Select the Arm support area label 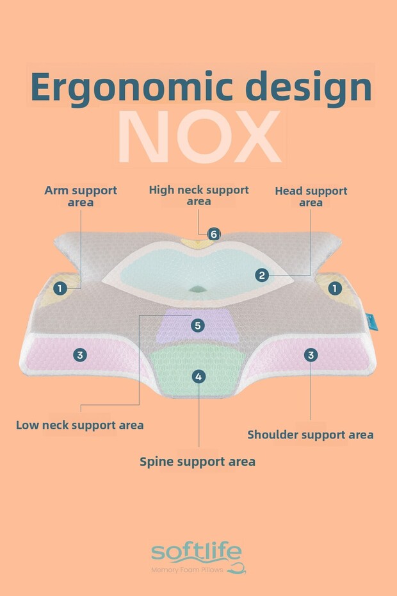pos(81,196)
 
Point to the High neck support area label pos(199,195)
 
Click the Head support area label pos(311,196)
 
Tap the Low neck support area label pos(79,424)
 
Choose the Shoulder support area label pos(311,435)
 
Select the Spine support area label pos(198,461)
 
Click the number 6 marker pos(213,234)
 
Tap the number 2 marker pos(261,275)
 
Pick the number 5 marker pos(198,326)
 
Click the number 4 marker pos(199,376)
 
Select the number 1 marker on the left pos(60,288)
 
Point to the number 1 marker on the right pos(334,288)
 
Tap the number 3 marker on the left pos(79,354)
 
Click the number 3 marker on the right pos(311,354)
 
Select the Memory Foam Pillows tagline pos(187,570)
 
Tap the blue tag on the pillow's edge pos(373,321)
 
